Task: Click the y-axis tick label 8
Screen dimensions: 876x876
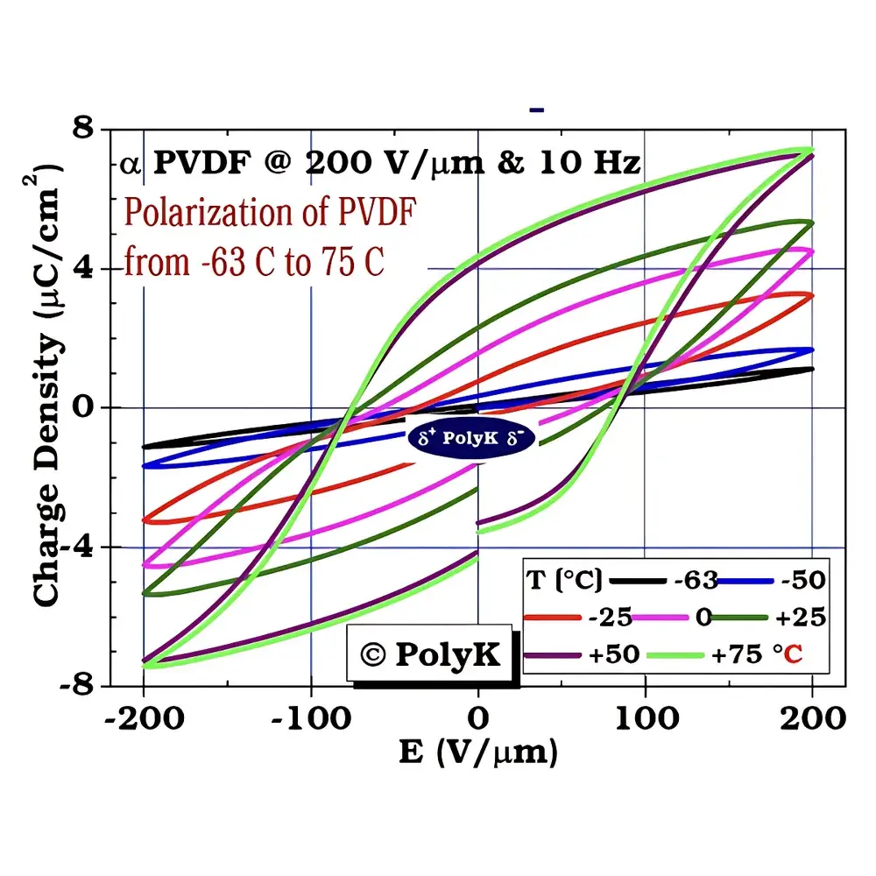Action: coord(86,131)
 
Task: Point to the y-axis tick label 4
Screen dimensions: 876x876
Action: coord(86,269)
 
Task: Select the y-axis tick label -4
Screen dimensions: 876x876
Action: coord(80,547)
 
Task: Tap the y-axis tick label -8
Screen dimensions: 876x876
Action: coord(80,685)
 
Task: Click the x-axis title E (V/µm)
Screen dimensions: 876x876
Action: coord(478,752)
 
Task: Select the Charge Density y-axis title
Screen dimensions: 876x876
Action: coord(49,385)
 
